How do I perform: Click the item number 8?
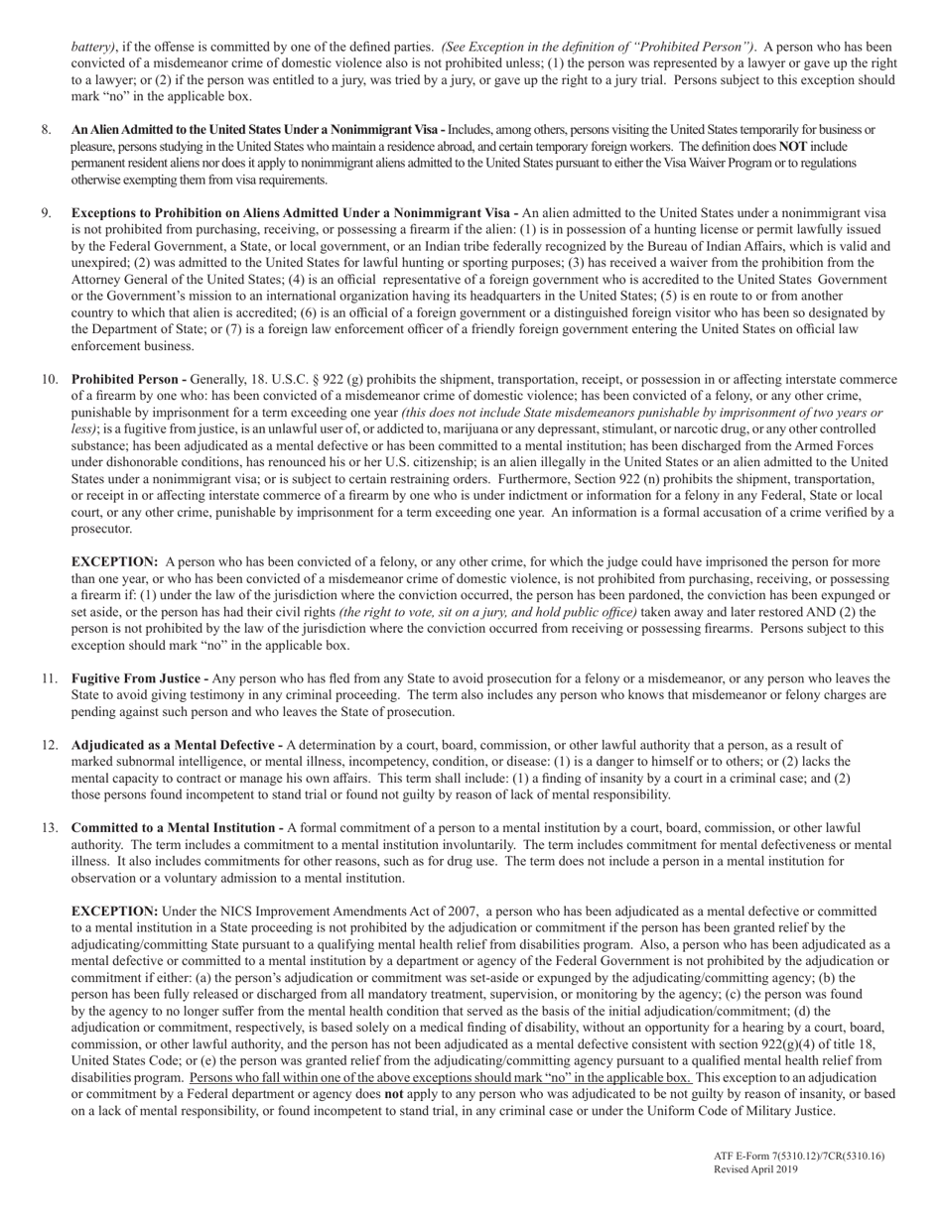46,130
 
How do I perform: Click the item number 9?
46,212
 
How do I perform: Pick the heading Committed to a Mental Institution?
174,827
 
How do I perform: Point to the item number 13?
49,827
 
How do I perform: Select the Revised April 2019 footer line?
756,1169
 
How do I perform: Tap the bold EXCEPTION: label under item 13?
114,911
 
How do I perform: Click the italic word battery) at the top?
94,47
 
